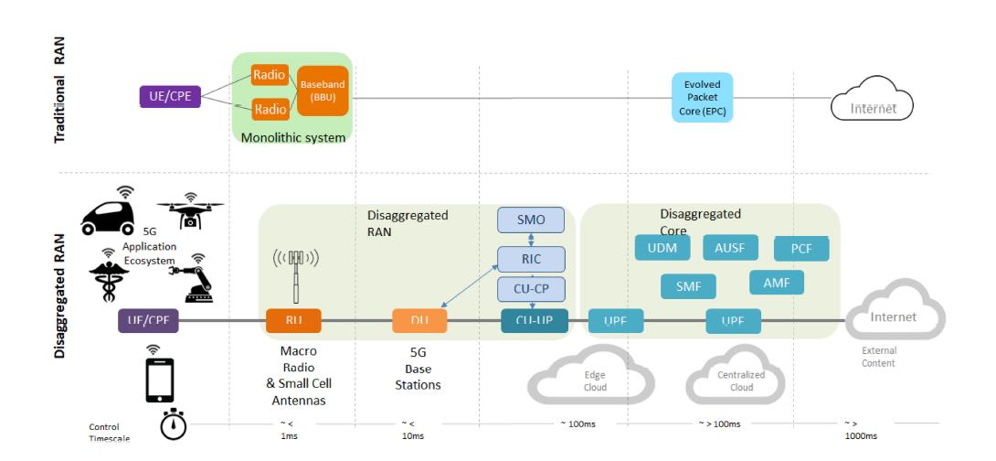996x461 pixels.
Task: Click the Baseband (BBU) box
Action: coord(323,91)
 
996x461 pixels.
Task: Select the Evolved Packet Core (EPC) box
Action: coord(703,97)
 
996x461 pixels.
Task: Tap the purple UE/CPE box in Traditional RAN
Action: coord(169,95)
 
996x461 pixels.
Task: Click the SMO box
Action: coord(531,220)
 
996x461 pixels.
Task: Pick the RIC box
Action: coord(531,259)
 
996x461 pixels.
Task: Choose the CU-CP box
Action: coord(531,289)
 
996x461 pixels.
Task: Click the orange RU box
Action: coord(293,320)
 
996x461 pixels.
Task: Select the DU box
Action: coord(419,320)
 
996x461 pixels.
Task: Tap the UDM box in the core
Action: coord(662,248)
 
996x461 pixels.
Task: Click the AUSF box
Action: coord(730,247)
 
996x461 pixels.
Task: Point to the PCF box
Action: coord(801,248)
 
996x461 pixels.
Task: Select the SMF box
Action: coord(688,286)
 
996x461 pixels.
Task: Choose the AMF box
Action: coord(777,283)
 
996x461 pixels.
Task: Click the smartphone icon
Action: coord(160,380)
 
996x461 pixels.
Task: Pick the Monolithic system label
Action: coord(292,138)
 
